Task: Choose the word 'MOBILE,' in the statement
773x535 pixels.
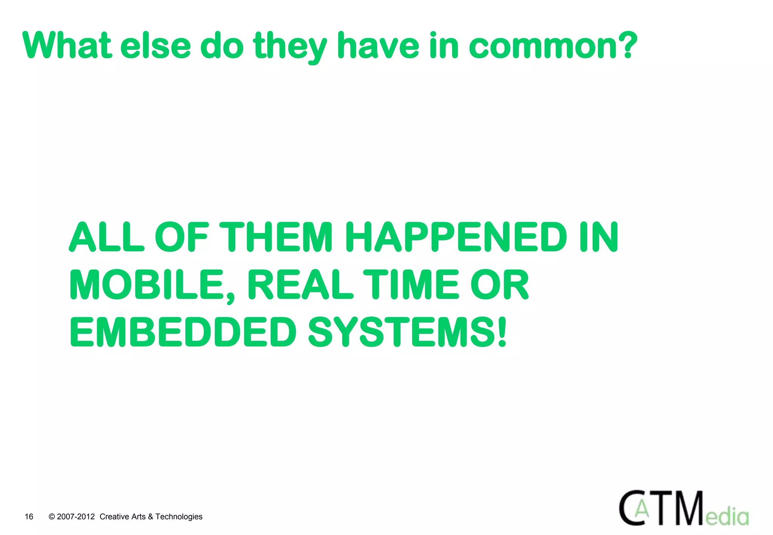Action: pos(152,285)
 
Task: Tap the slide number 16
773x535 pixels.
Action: pos(29,517)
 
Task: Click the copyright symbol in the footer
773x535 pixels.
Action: pos(52,517)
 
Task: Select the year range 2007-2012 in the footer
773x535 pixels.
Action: pos(76,517)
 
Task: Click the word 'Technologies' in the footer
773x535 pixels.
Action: pos(179,517)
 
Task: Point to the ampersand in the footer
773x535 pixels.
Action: pos(151,517)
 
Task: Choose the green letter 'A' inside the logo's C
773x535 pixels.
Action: pos(642,509)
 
